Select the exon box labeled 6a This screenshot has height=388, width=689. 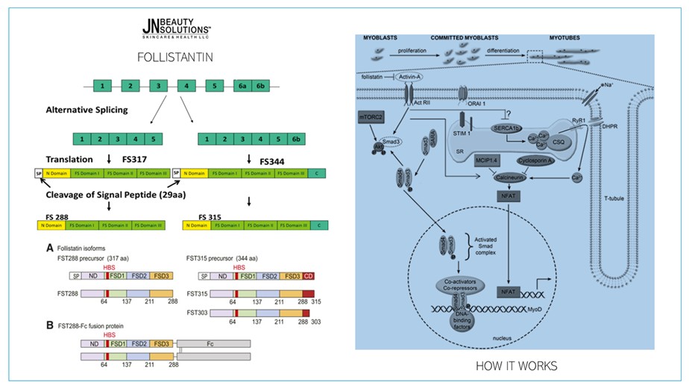pos(242,86)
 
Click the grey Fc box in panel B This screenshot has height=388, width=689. pos(213,344)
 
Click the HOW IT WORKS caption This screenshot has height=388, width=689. pos(516,366)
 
